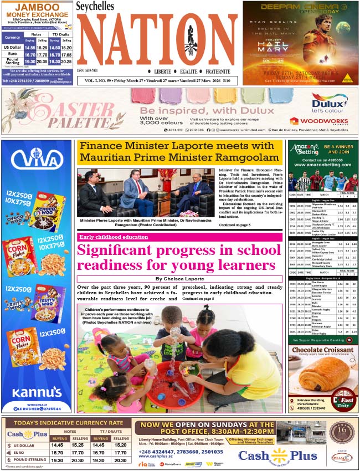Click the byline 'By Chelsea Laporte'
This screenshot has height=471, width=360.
point(180,279)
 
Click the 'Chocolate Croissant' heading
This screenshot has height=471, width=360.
point(322,350)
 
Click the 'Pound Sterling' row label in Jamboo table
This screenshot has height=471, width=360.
point(12,62)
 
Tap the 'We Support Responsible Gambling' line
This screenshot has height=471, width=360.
point(322,339)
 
